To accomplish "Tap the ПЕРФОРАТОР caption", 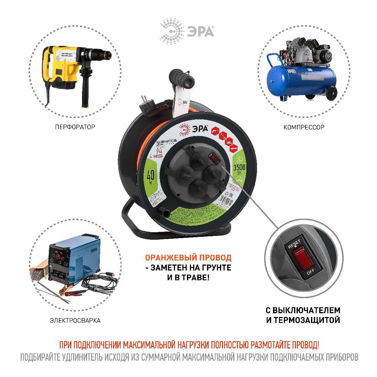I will pyautogui.click(x=75, y=127).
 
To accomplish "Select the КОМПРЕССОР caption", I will pyautogui.click(x=303, y=127).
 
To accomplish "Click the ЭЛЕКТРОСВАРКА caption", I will pyautogui.click(x=75, y=320).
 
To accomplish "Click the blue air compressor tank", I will pyautogui.click(x=298, y=79).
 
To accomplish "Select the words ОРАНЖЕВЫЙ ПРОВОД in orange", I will pyautogui.click(x=188, y=258).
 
